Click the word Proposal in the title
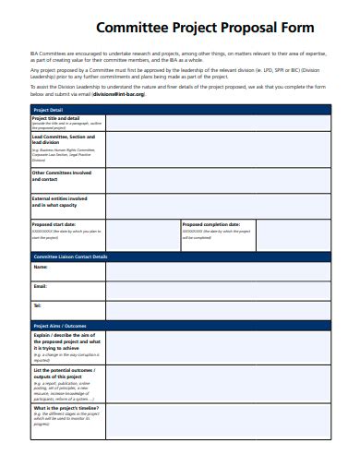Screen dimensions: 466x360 point(222,28)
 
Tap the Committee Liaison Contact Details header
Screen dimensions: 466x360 point(70,256)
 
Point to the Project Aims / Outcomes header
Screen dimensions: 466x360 point(60,326)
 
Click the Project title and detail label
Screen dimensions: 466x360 point(55,119)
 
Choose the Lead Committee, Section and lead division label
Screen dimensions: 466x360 point(64,139)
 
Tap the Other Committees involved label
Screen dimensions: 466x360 point(62,174)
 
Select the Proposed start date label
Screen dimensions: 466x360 point(55,224)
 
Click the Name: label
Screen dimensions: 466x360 point(41,267)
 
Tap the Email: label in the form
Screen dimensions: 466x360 point(41,286)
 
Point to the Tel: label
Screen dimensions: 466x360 point(38,305)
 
